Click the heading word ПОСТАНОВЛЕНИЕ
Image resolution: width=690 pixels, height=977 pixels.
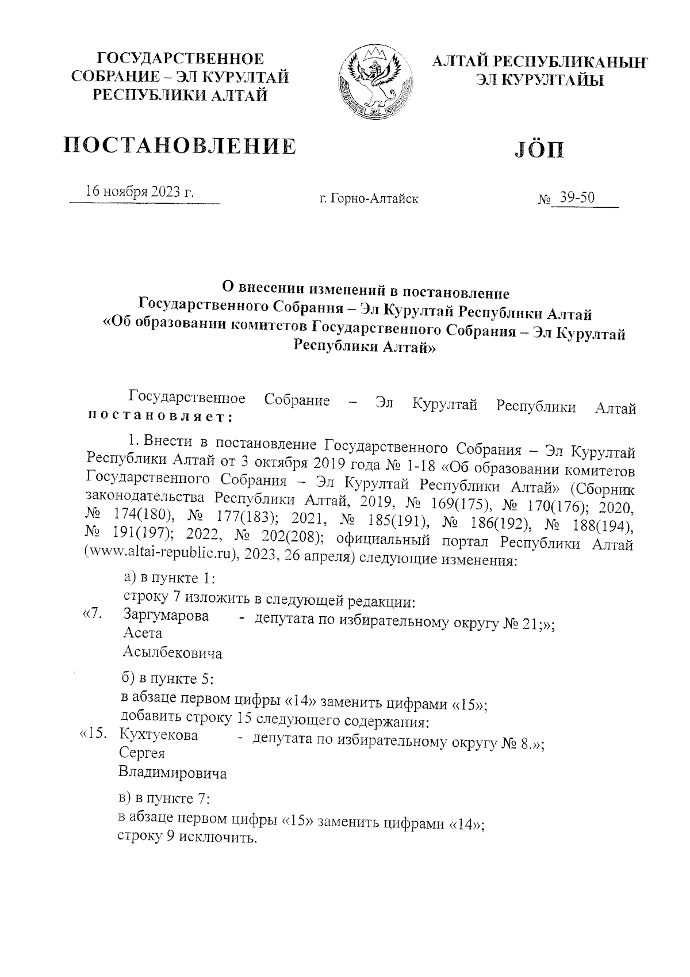point(180,146)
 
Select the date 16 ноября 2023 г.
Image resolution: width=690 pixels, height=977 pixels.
point(140,192)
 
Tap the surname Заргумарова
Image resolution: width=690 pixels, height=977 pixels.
point(166,615)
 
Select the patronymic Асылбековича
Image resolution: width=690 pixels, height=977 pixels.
point(172,653)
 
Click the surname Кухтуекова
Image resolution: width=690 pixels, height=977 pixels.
point(158,735)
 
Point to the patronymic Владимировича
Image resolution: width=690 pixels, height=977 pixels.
point(172,773)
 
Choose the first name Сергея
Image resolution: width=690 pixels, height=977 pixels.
point(141,754)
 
